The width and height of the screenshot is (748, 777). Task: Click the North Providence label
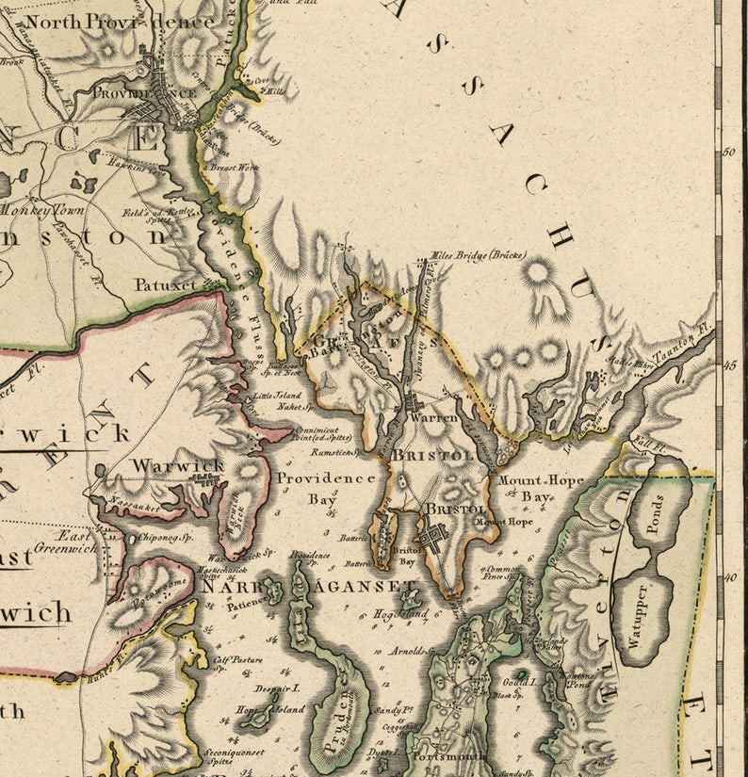click(120, 20)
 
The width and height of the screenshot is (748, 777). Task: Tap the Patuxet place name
click(166, 283)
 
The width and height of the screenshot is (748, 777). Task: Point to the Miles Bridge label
click(478, 255)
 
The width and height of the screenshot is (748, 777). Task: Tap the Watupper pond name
click(642, 618)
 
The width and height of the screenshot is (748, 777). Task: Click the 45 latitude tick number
click(728, 365)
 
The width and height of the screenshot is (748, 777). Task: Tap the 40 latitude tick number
click(728, 578)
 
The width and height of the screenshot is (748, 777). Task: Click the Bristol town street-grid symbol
click(434, 540)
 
